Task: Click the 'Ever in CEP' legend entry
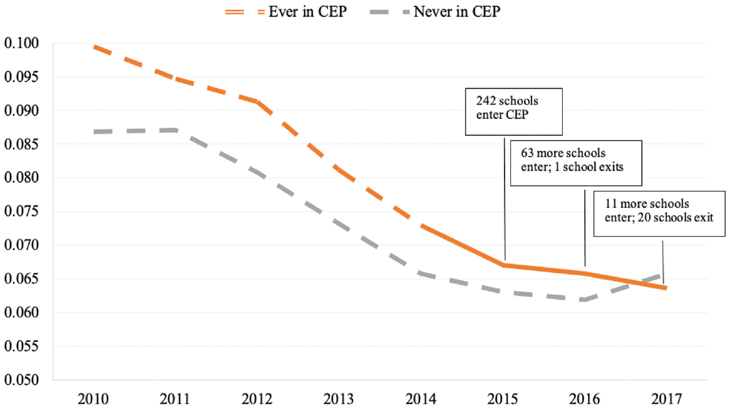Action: pos(286,12)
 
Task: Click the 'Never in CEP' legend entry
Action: pos(435,12)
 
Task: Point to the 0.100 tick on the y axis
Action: pos(21,43)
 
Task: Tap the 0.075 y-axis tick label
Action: pos(21,211)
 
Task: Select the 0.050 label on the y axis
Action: pos(21,380)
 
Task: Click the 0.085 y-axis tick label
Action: pos(21,144)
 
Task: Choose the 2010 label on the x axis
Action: pos(93,399)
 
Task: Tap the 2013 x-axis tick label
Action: pos(338,399)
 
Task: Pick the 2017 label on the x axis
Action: pos(666,399)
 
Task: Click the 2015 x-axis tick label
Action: pos(502,399)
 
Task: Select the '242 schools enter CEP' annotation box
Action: pos(514,112)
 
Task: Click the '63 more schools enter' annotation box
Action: pos(576,163)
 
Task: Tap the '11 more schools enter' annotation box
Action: pos(659,213)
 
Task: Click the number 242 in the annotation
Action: pos(486,101)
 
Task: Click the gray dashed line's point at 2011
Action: pos(176,130)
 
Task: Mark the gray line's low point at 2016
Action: pos(585,299)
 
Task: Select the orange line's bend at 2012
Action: pos(258,102)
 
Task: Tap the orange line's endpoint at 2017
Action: pos(666,288)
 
